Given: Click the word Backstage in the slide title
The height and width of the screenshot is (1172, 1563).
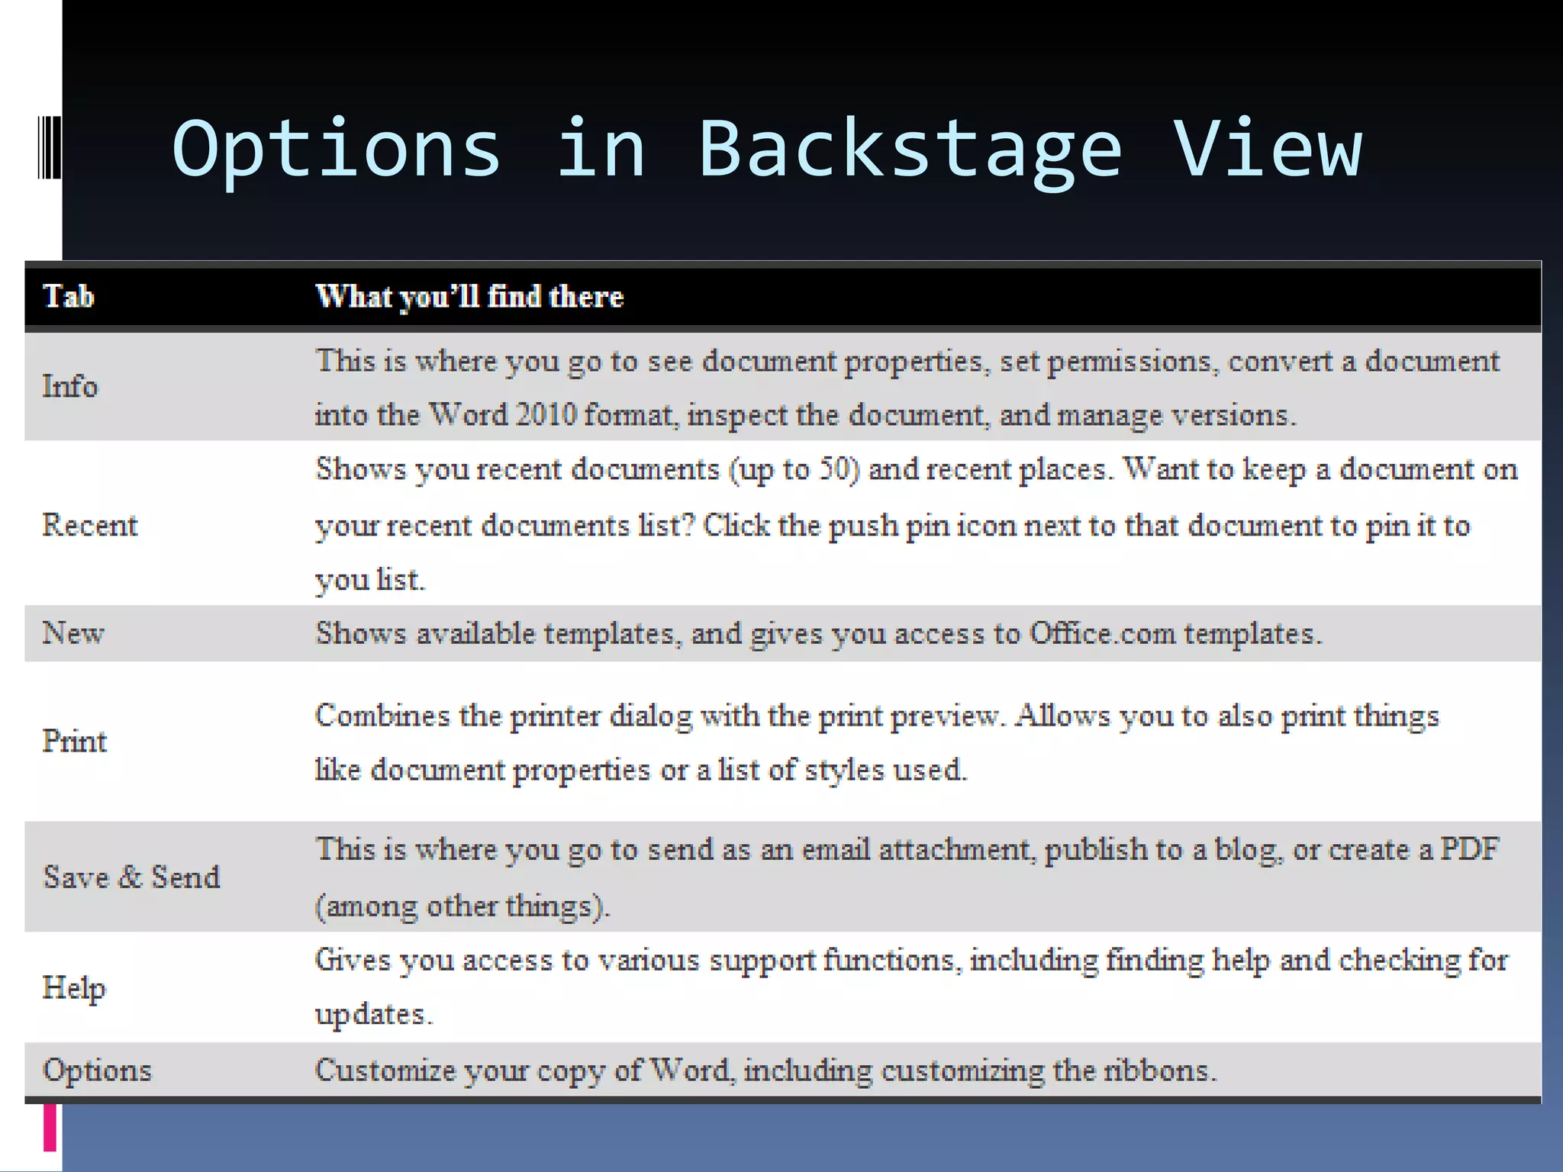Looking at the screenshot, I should click(910, 150).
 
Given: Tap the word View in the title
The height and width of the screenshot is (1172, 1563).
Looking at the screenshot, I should click(1267, 148).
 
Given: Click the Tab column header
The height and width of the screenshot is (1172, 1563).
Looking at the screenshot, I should click(69, 296).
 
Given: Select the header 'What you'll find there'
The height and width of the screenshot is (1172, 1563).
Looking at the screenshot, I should click(469, 297).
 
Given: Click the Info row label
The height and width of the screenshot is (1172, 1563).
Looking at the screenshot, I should click(70, 386).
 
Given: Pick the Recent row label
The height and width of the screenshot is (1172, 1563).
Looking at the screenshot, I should click(90, 525).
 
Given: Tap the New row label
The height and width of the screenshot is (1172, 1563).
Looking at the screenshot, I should click(73, 633).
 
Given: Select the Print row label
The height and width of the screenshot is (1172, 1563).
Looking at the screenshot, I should click(75, 741).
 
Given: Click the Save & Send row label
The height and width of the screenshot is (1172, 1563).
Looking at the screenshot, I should click(131, 877).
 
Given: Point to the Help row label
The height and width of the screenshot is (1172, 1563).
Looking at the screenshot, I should click(74, 987).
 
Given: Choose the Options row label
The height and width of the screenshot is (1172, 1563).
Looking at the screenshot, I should click(97, 1070).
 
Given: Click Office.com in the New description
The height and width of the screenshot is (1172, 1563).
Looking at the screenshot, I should click(1102, 633).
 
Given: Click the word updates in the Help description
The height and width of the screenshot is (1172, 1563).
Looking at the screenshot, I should click(373, 1014).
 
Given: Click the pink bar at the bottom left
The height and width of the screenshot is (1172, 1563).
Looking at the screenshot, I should click(50, 1127).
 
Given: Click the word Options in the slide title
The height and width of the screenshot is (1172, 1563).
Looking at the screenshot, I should click(337, 150).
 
